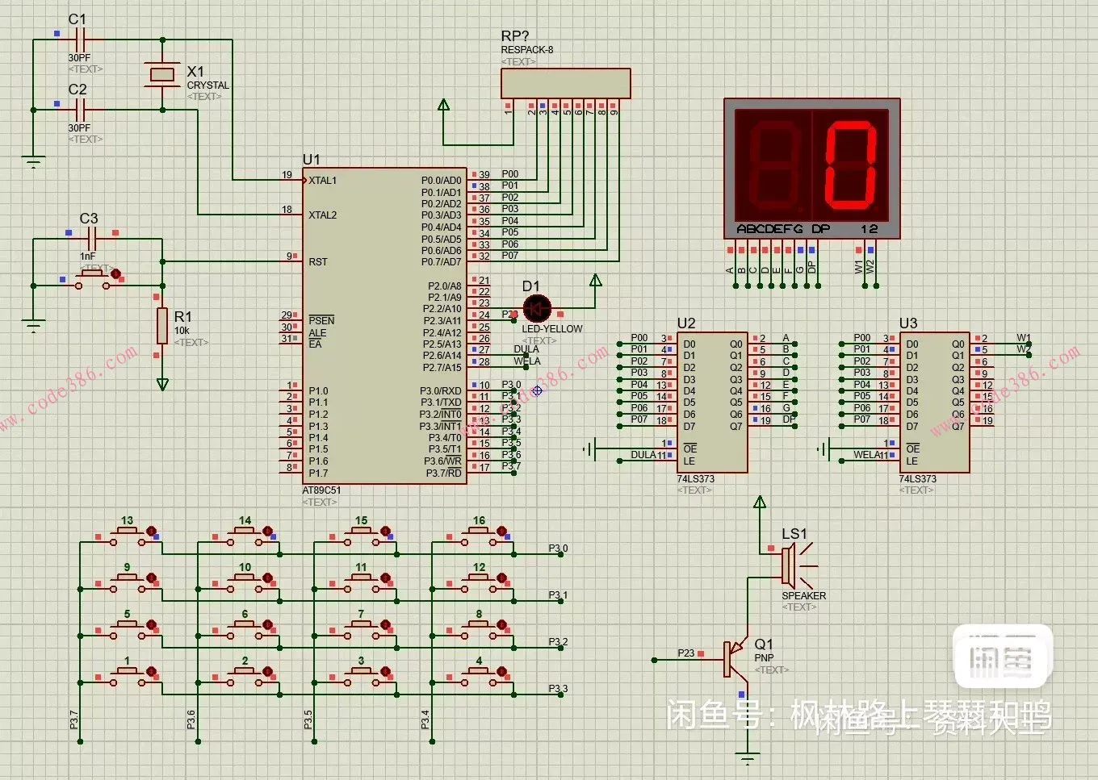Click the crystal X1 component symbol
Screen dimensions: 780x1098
pyautogui.click(x=162, y=74)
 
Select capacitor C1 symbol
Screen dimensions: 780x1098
pyautogui.click(x=79, y=38)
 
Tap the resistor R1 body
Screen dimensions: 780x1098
pyautogui.click(x=162, y=326)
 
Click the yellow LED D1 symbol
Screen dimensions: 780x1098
pyautogui.click(x=537, y=309)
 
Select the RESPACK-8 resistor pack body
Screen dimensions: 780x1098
pyautogui.click(x=565, y=84)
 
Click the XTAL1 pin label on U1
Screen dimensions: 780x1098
pyautogui.click(x=322, y=181)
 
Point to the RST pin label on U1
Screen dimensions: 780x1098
pyautogui.click(x=318, y=262)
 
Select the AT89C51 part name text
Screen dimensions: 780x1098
pyautogui.click(x=321, y=490)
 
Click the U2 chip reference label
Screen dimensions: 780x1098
pyautogui.click(x=686, y=323)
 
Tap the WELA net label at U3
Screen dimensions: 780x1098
pyautogui.click(x=869, y=455)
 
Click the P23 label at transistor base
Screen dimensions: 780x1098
pyautogui.click(x=685, y=653)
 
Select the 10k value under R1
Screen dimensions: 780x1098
pyautogui.click(x=182, y=331)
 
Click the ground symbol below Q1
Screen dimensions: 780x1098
pyautogui.click(x=748, y=758)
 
